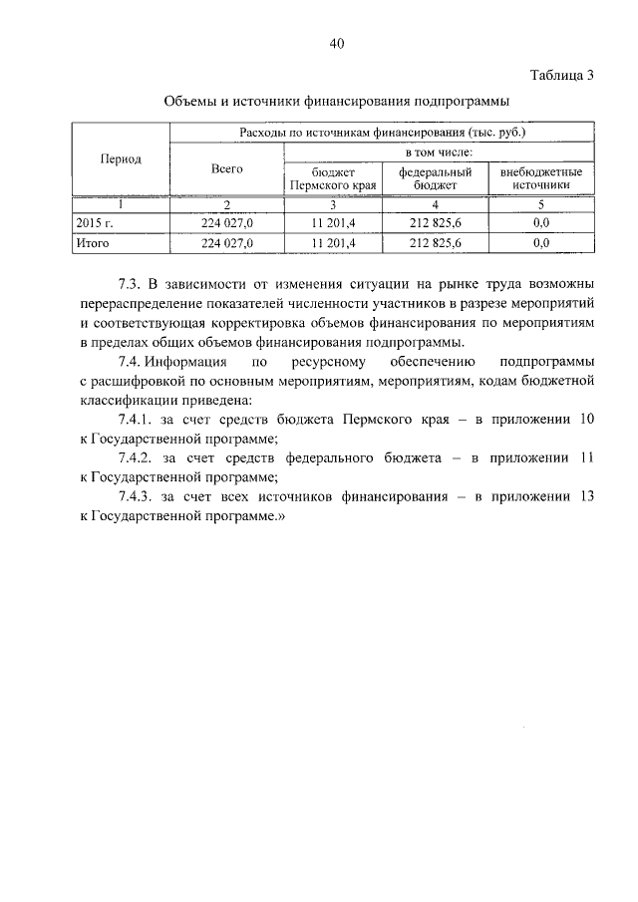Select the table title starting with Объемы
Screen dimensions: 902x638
336,102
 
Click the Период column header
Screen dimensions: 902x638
121,159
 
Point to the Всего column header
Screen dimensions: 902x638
227,169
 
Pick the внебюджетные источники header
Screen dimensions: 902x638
540,178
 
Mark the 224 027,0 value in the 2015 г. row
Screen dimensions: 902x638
227,223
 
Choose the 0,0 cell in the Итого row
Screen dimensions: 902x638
540,242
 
